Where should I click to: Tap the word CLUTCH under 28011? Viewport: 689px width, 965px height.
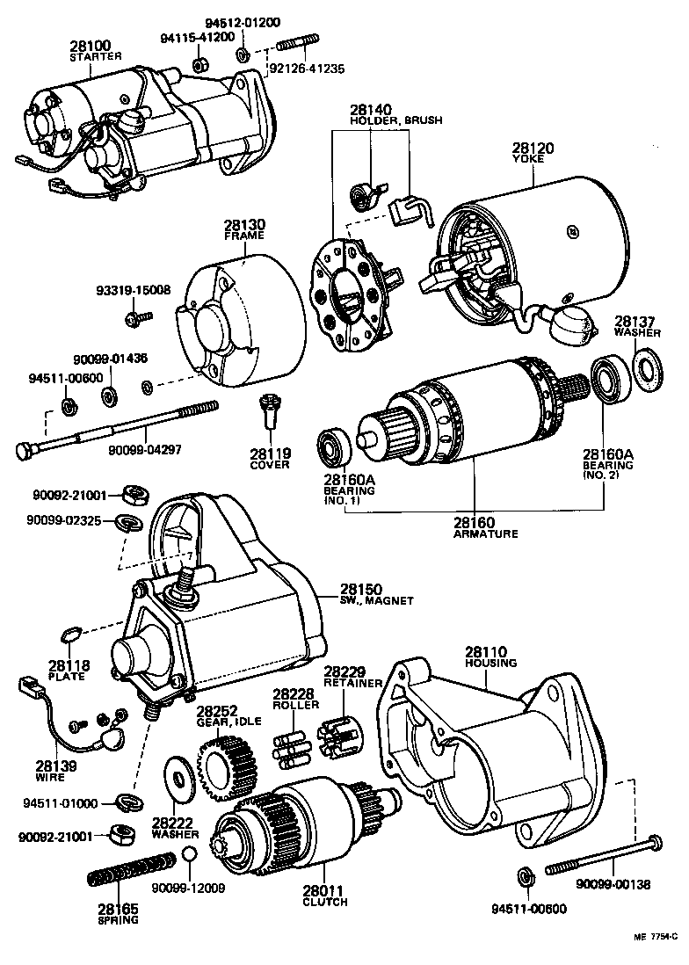point(325,903)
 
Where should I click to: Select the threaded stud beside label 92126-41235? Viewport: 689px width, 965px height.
point(299,46)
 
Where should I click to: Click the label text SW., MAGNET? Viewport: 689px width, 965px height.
point(376,600)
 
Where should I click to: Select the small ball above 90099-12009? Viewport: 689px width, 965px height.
point(189,855)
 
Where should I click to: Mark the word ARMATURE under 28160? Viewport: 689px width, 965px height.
point(485,533)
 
